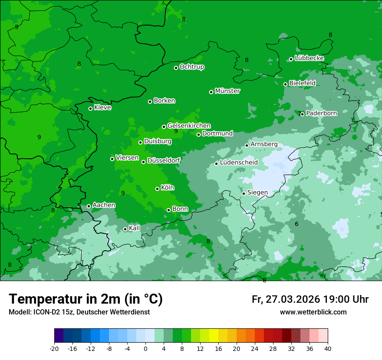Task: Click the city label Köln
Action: [x=168, y=188]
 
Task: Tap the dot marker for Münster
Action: [x=211, y=92]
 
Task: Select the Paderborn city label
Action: [x=321, y=113]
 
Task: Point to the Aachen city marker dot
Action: [x=89, y=206]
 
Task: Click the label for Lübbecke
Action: [x=309, y=58]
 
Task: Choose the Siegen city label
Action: [x=257, y=193]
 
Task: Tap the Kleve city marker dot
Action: [x=90, y=108]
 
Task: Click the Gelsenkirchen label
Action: [x=189, y=126]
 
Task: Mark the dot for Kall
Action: [x=125, y=229]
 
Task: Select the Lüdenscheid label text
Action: [x=239, y=163]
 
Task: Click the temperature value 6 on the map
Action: [x=296, y=224]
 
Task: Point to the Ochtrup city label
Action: [x=192, y=67]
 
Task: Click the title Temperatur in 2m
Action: [x=86, y=299]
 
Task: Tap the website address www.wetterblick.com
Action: [x=313, y=312]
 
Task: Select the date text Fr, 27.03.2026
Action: [x=286, y=300]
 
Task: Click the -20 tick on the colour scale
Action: [x=54, y=349]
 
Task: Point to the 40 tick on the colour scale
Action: [x=328, y=349]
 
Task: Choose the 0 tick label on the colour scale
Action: [x=145, y=349]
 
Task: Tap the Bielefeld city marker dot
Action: [x=285, y=84]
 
